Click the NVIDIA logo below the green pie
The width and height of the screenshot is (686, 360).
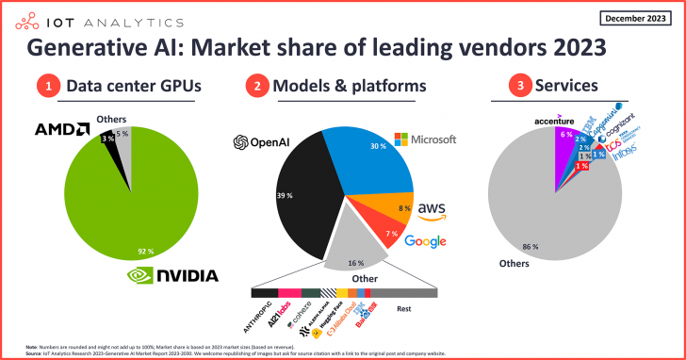point(173,275)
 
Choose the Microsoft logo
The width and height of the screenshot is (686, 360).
point(424,139)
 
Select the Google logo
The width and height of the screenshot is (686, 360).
point(424,242)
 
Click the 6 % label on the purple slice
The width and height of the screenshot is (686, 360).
point(564,134)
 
